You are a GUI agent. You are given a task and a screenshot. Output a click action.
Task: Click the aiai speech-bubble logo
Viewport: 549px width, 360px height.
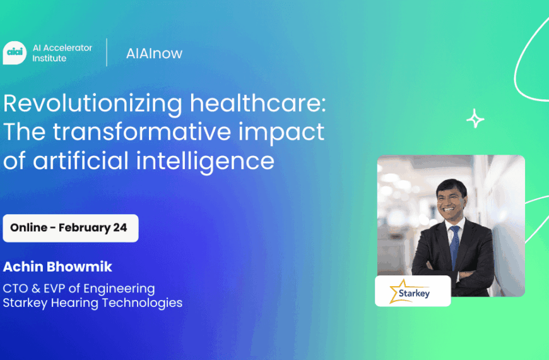click(15, 52)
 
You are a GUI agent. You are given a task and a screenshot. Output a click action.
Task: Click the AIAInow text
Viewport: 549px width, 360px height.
click(154, 53)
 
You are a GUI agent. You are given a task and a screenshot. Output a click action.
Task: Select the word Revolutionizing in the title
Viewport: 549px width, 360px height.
click(93, 104)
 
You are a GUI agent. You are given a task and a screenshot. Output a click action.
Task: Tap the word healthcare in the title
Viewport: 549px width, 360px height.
click(258, 103)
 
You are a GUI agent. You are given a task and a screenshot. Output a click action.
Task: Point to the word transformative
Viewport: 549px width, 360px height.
click(142, 131)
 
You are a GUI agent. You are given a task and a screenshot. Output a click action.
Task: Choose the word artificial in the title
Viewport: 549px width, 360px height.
click(81, 160)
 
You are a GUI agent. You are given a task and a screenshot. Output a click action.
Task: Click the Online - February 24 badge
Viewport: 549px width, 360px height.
click(71, 228)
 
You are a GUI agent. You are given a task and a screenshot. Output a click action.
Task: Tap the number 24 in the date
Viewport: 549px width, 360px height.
click(120, 227)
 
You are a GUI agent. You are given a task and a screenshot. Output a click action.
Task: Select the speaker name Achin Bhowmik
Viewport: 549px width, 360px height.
click(57, 267)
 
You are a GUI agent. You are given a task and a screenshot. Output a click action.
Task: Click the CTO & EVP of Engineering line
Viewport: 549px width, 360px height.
click(79, 289)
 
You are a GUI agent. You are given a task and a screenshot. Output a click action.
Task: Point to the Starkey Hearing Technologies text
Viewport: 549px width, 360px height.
click(92, 303)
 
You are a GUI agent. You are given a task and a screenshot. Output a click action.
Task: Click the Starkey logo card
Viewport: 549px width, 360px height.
click(413, 291)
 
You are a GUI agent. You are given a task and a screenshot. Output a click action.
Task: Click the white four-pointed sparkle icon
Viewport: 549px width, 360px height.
click(475, 119)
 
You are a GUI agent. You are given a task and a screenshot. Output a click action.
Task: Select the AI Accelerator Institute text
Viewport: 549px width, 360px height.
click(62, 53)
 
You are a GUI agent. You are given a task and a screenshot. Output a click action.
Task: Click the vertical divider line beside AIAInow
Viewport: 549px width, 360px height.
click(107, 52)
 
